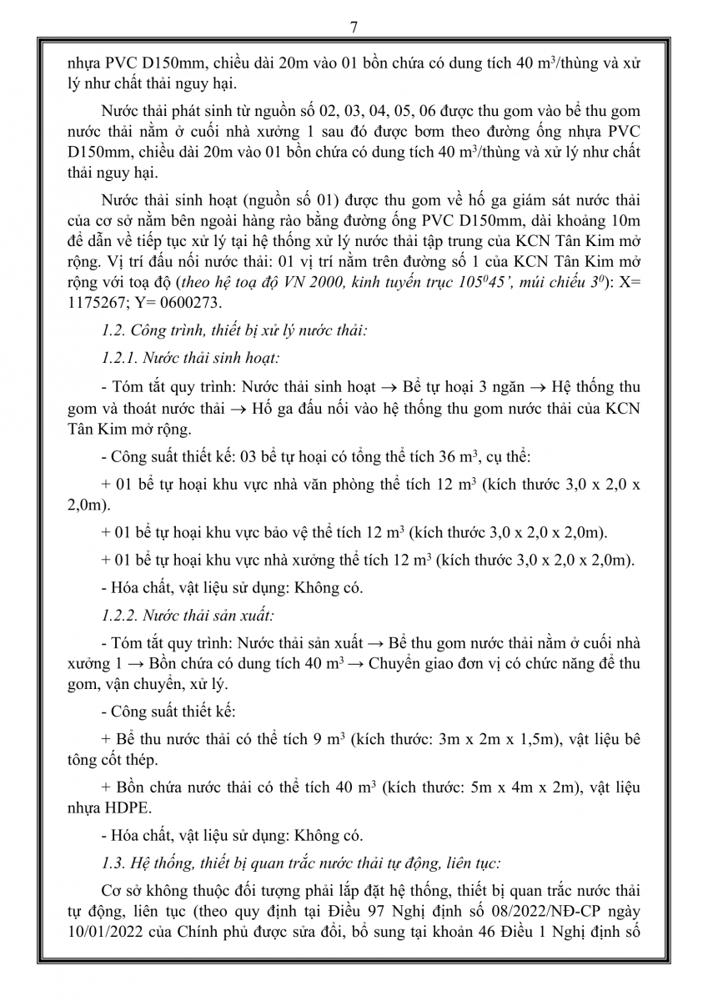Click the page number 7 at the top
[354, 28]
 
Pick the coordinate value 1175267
[97, 302]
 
